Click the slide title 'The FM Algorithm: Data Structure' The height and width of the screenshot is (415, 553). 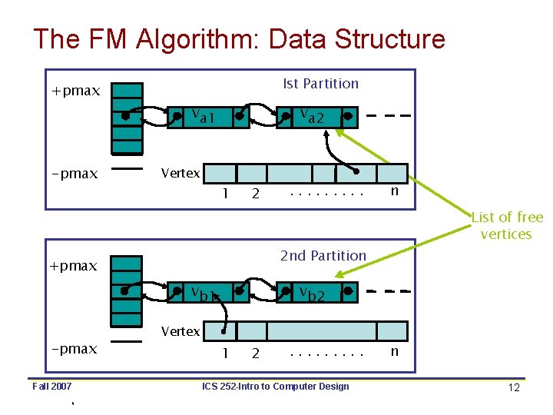tap(239, 38)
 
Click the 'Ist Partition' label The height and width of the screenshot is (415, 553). tap(320, 83)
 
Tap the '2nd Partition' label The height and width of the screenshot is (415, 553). tap(323, 255)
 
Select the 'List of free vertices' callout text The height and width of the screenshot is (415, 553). tap(506, 226)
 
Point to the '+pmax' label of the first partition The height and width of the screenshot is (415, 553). tap(75, 91)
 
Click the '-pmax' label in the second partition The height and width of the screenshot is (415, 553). tap(74, 349)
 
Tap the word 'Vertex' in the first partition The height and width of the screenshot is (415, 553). tap(180, 173)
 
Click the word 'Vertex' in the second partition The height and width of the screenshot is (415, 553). tap(180, 331)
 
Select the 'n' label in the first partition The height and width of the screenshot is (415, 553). tap(394, 190)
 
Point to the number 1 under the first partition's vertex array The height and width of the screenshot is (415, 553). tap(224, 193)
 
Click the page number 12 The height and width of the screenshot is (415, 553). tap(514, 387)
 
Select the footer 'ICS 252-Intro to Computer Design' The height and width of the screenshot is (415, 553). tap(275, 386)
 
